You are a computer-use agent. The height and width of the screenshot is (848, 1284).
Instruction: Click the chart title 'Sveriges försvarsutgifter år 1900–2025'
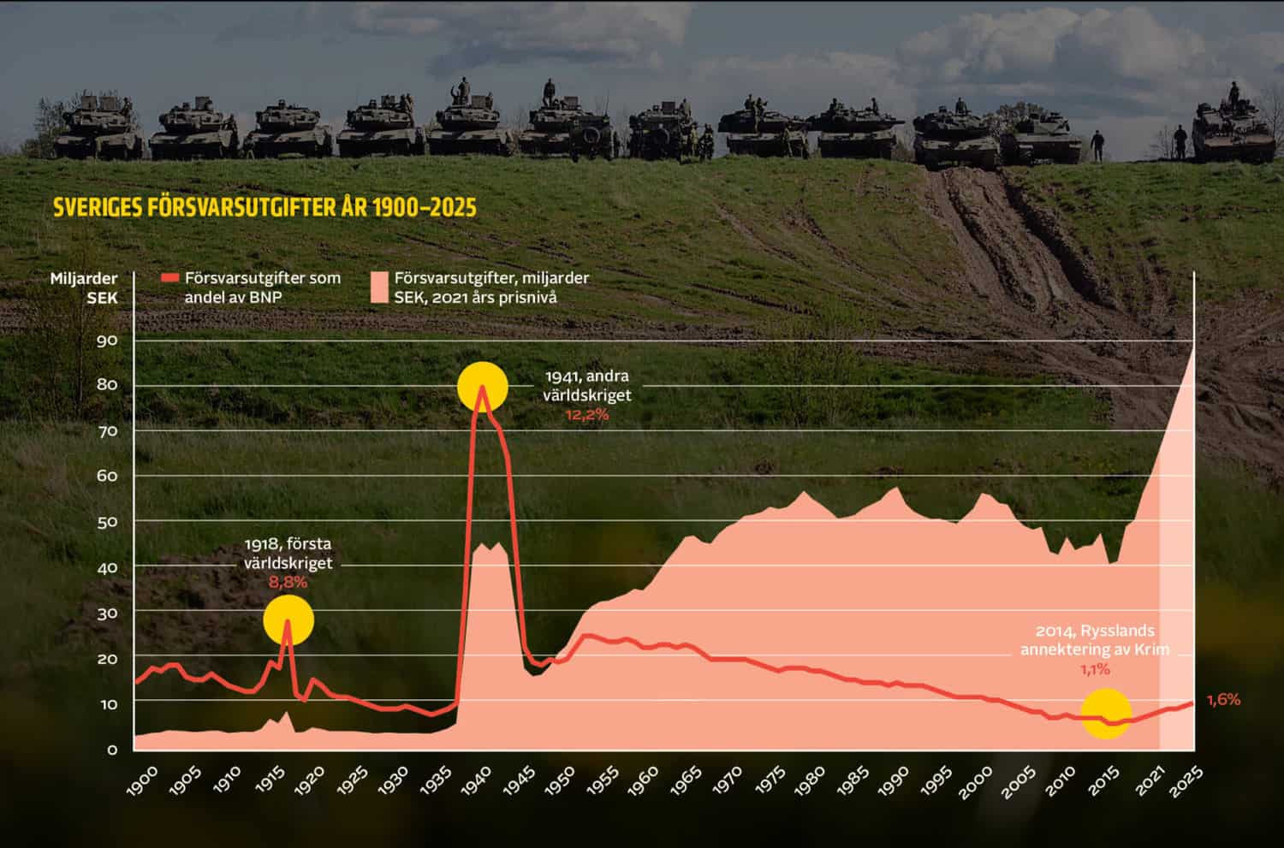pyautogui.click(x=265, y=208)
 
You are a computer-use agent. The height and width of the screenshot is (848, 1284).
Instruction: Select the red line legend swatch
pyautogui.click(x=170, y=278)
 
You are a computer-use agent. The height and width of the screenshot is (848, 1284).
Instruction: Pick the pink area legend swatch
pyautogui.click(x=379, y=288)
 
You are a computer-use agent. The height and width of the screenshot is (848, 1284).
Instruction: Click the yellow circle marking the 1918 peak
pyautogui.click(x=288, y=619)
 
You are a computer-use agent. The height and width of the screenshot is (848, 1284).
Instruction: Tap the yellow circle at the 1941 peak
pyautogui.click(x=483, y=387)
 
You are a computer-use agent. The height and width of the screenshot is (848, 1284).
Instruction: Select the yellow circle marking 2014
pyautogui.click(x=1106, y=713)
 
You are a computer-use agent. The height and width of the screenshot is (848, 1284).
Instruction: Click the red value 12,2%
pyautogui.click(x=586, y=414)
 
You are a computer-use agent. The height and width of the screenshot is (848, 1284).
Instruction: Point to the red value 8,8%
pyautogui.click(x=288, y=583)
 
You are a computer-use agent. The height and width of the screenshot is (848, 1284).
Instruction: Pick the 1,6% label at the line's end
pyautogui.click(x=1223, y=700)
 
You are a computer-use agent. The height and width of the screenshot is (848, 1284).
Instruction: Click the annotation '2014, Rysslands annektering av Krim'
pyautogui.click(x=1094, y=640)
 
